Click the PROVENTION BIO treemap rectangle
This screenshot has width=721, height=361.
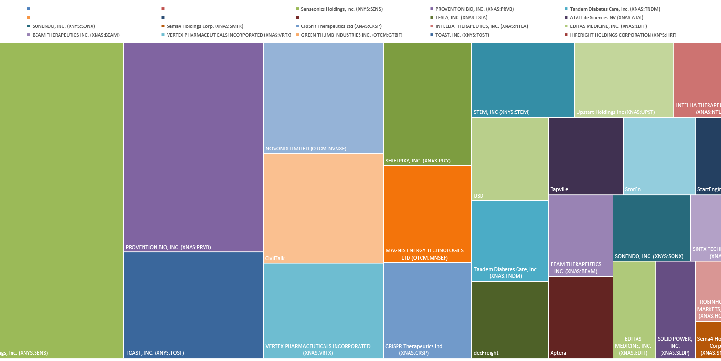[x=193, y=147]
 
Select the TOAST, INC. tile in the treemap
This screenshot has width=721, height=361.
[x=193, y=305]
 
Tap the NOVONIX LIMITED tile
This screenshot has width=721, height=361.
[x=323, y=98]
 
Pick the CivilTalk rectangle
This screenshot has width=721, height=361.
[x=323, y=208]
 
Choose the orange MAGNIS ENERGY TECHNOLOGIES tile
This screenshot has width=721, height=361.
[x=427, y=214]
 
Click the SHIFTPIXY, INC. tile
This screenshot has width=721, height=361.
[x=427, y=103]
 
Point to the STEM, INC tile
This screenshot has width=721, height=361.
[x=522, y=79]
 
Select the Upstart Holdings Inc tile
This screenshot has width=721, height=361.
[x=624, y=79]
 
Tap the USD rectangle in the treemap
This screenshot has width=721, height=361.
[x=510, y=159]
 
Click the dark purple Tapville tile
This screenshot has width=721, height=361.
[x=586, y=156]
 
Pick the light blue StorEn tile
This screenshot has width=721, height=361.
[x=659, y=156]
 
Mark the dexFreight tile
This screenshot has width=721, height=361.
[x=510, y=319]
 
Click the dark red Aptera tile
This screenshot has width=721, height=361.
[x=580, y=317]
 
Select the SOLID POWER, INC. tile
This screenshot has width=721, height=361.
[x=675, y=310]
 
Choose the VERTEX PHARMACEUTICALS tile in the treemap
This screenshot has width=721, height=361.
[x=323, y=311]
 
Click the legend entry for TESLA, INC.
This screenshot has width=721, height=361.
[x=461, y=18]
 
